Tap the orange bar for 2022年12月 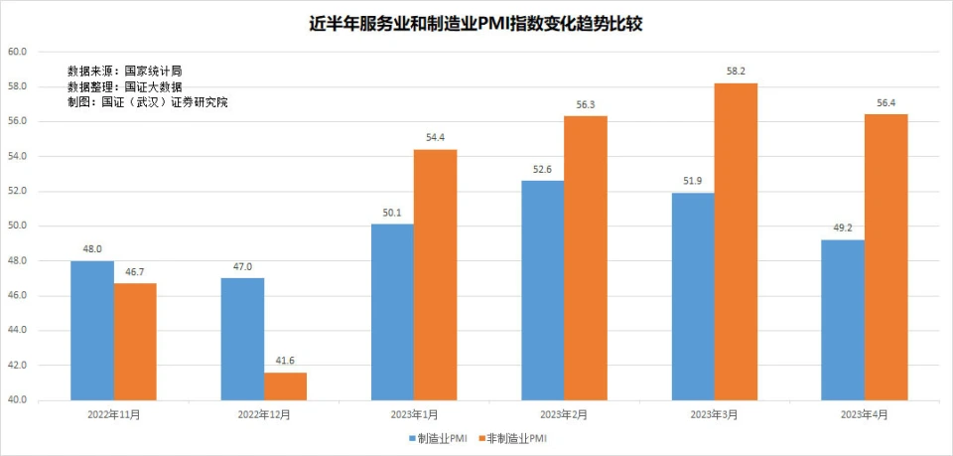pos(285,386)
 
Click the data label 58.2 pos(736,73)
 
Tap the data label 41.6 pos(285,362)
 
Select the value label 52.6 pos(542,170)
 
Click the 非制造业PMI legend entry pos(513,438)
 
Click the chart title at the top pos(476,24)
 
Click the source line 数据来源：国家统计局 pos(124,72)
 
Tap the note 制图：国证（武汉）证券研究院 pos(147,102)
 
